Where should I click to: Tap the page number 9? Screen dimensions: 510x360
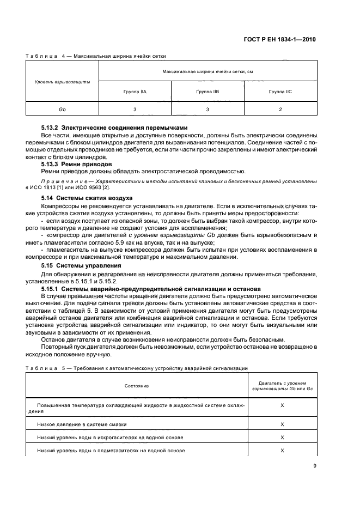[x=315, y=466]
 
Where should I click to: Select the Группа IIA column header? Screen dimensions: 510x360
[x=135, y=92]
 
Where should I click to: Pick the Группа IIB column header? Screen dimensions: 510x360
[x=208, y=92]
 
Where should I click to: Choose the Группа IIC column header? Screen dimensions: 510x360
[x=280, y=92]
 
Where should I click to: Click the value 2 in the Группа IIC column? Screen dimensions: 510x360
[x=280, y=110]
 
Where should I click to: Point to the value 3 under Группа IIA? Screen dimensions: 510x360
[x=135, y=110]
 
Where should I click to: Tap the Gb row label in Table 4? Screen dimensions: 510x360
[x=62, y=110]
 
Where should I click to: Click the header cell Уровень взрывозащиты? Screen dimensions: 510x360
[x=62, y=81]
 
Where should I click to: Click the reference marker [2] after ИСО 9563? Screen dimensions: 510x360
[x=106, y=187]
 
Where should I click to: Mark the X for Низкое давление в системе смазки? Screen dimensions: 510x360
[x=282, y=424]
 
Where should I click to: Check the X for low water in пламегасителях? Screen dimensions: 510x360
[x=282, y=451]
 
